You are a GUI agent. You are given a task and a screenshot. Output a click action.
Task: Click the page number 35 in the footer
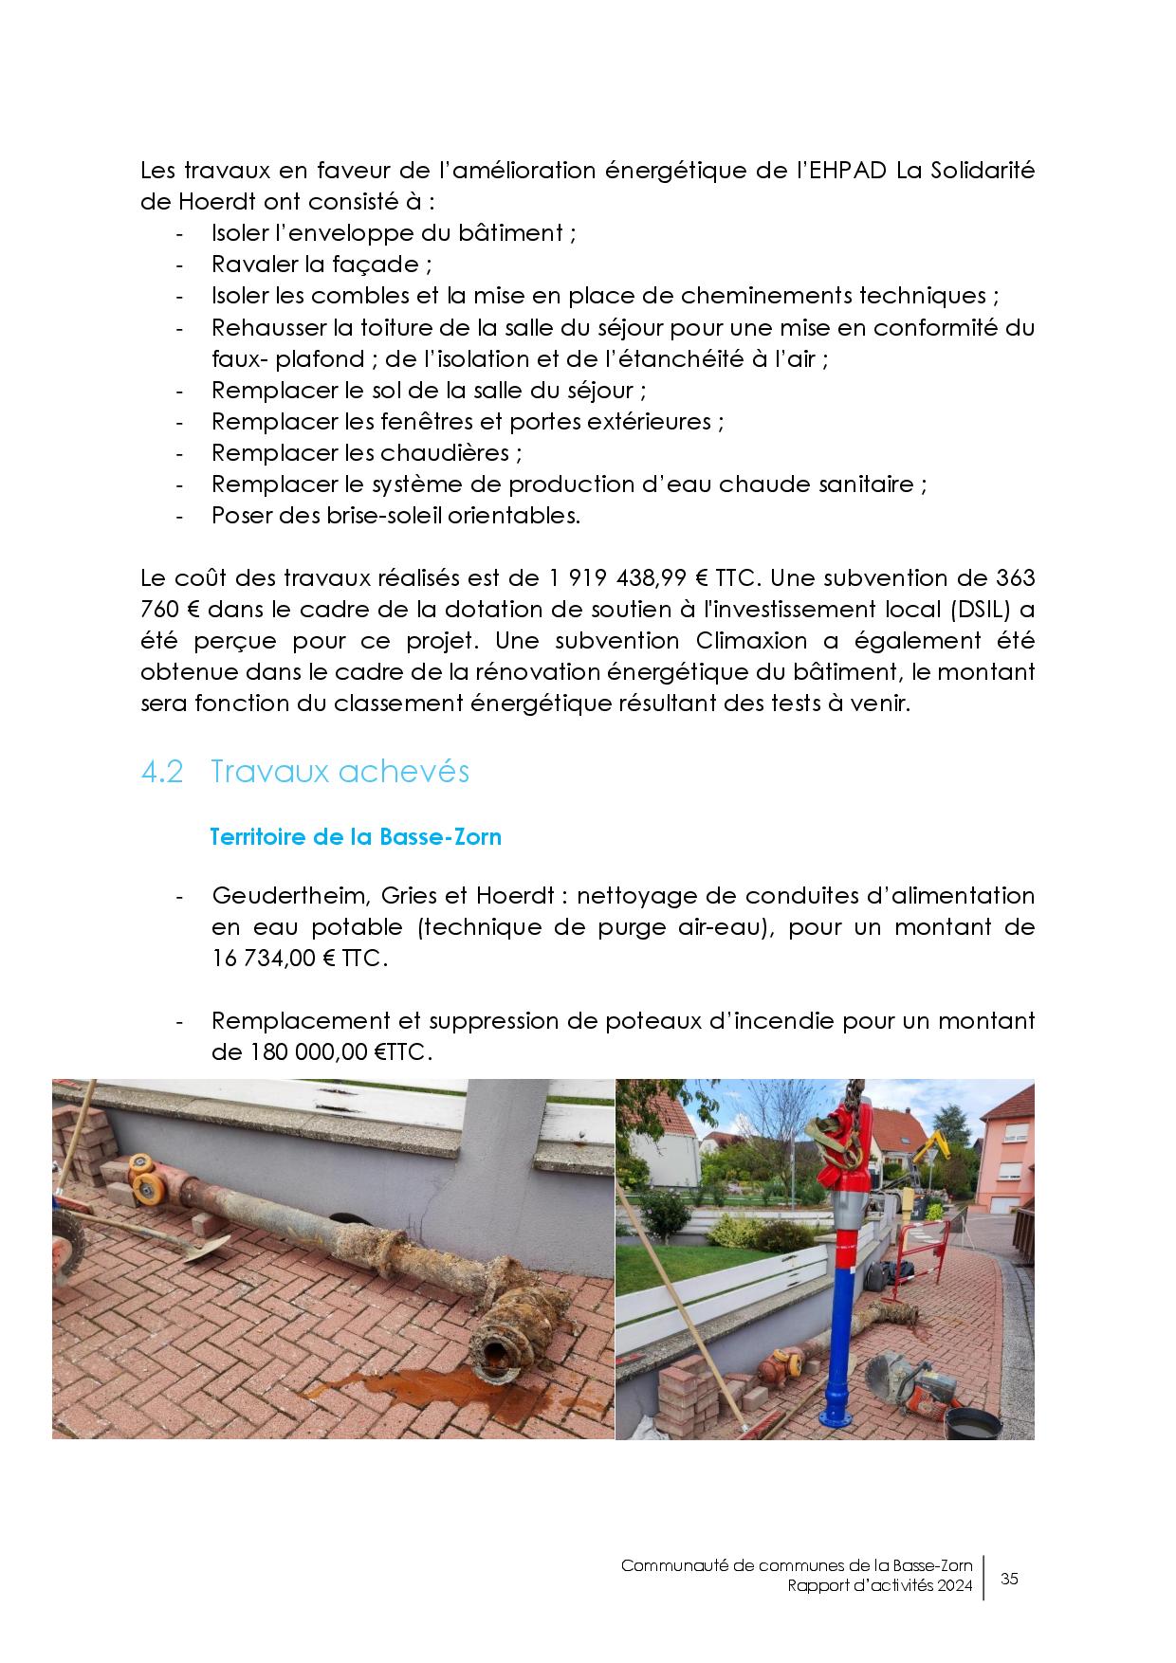[x=1009, y=1579]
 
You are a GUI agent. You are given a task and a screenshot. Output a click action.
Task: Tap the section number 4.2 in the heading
[x=161, y=772]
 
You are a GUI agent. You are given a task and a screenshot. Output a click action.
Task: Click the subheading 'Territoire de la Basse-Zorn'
[x=355, y=837]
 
